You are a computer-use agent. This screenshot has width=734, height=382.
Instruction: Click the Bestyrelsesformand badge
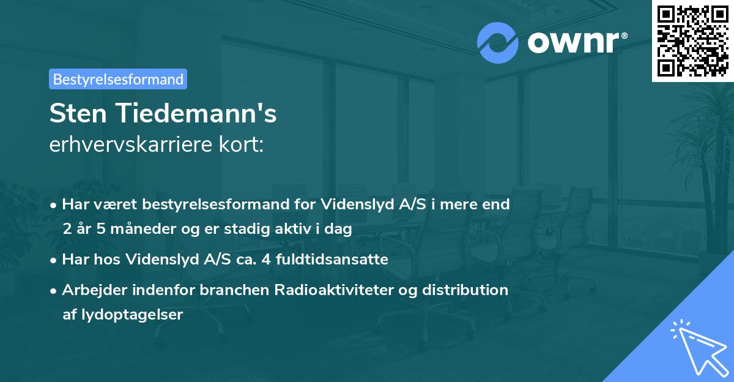coord(118,79)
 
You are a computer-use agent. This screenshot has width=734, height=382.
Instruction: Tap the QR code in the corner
coord(693,40)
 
